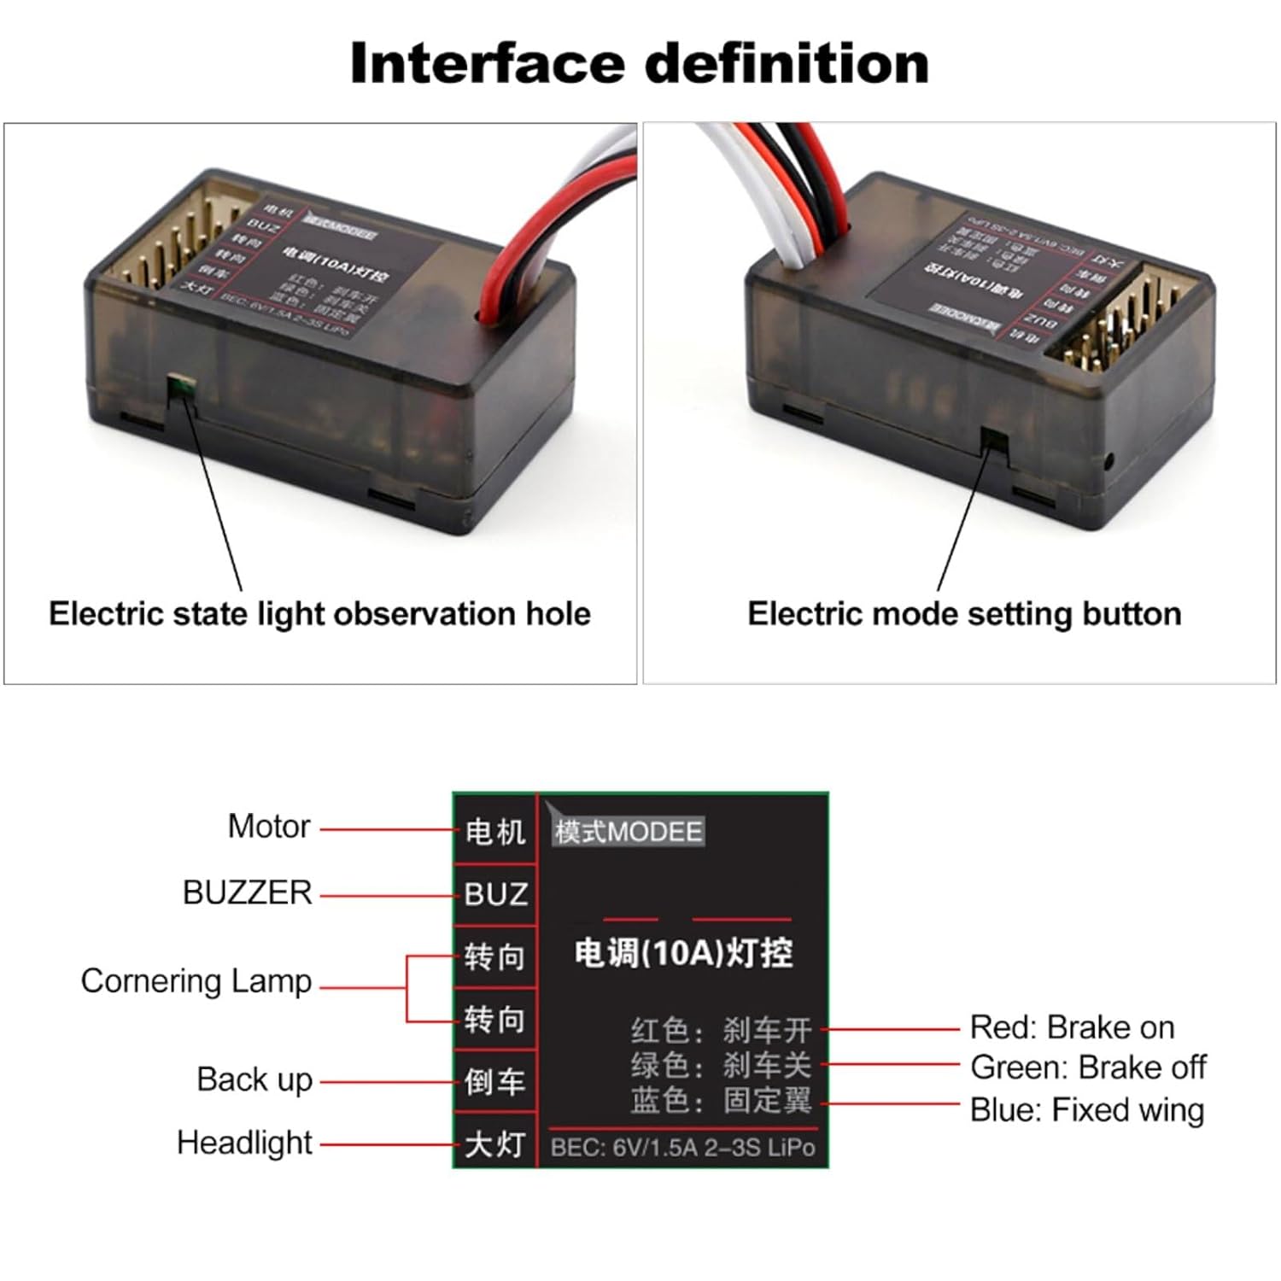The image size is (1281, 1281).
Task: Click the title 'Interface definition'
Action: (x=639, y=63)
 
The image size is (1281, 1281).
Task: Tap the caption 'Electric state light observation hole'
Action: (x=319, y=614)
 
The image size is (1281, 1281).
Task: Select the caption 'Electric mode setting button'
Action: (x=964, y=614)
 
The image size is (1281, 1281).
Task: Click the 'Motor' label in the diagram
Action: (x=268, y=827)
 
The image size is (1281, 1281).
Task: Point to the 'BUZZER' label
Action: (x=248, y=893)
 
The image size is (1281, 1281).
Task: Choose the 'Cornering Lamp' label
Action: (x=196, y=981)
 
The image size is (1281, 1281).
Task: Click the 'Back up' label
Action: (x=254, y=1080)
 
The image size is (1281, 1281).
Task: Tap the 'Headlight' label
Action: (x=244, y=1143)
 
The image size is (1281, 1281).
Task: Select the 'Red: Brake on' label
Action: (x=1072, y=1027)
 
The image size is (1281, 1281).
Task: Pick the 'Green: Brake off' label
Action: (x=1088, y=1067)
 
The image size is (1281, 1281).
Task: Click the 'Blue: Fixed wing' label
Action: (x=1086, y=1110)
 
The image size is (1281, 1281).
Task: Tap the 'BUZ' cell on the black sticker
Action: (x=495, y=895)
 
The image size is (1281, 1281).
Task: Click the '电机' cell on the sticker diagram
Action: (x=495, y=831)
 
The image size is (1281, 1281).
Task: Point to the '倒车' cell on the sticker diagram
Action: (x=495, y=1082)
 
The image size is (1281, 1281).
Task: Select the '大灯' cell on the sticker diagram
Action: (x=495, y=1144)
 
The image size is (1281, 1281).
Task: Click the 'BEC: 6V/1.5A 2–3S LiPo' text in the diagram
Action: (x=682, y=1148)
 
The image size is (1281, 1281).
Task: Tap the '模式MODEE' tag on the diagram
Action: (x=629, y=831)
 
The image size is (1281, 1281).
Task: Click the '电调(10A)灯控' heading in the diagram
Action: (x=683, y=953)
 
